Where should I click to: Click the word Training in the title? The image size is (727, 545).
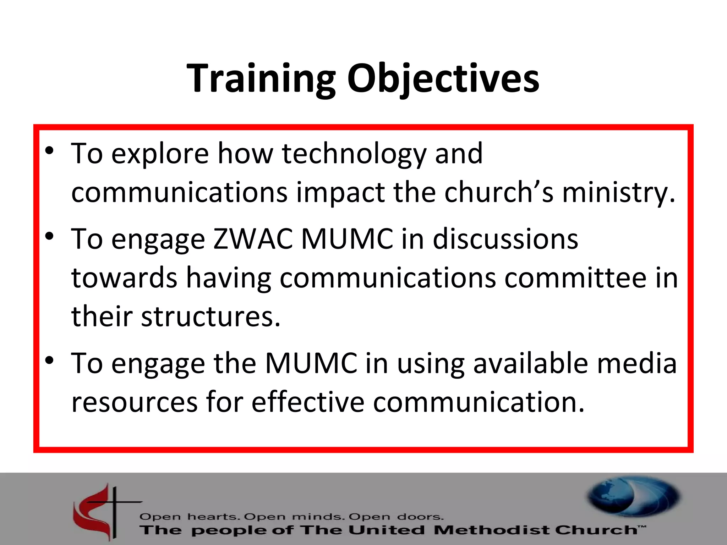click(x=261, y=79)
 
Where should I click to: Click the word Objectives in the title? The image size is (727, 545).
click(x=443, y=79)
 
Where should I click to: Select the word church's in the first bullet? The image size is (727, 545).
click(x=499, y=192)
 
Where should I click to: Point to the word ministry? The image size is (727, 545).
click(x=618, y=193)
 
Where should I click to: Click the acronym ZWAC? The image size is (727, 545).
click(x=253, y=239)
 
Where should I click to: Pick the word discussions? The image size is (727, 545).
click(x=505, y=239)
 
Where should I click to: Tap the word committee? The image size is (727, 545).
click(x=575, y=278)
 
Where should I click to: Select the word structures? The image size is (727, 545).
click(x=211, y=316)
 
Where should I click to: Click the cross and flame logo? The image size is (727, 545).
click(x=103, y=511)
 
